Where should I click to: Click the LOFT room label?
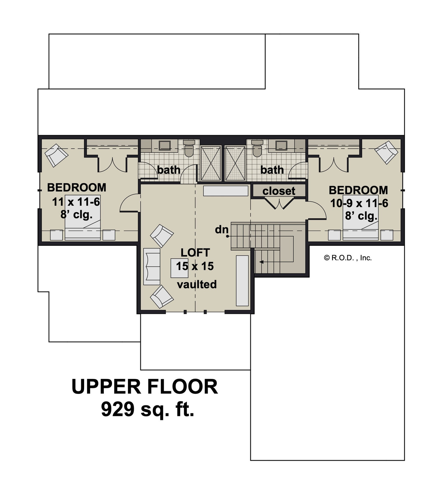tap(195, 253)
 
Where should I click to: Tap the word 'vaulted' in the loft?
tap(197, 284)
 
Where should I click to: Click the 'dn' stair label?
tap(221, 229)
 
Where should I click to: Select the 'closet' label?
tap(279, 191)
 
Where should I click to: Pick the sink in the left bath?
tap(164, 145)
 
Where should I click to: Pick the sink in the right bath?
tap(281, 145)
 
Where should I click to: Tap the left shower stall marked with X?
tap(211, 163)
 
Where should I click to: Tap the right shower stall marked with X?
tap(235, 163)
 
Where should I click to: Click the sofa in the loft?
tap(152, 266)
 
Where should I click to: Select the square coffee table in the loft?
tap(179, 268)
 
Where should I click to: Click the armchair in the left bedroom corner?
tap(56, 155)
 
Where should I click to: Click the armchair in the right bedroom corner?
tap(386, 152)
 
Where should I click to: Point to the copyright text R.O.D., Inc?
tap(348, 258)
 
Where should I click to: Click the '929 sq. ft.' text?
tap(148, 409)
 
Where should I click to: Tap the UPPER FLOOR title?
tap(145, 387)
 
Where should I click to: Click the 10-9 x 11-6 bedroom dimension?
tap(359, 203)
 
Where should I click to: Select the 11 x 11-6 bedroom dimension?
tap(76, 202)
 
